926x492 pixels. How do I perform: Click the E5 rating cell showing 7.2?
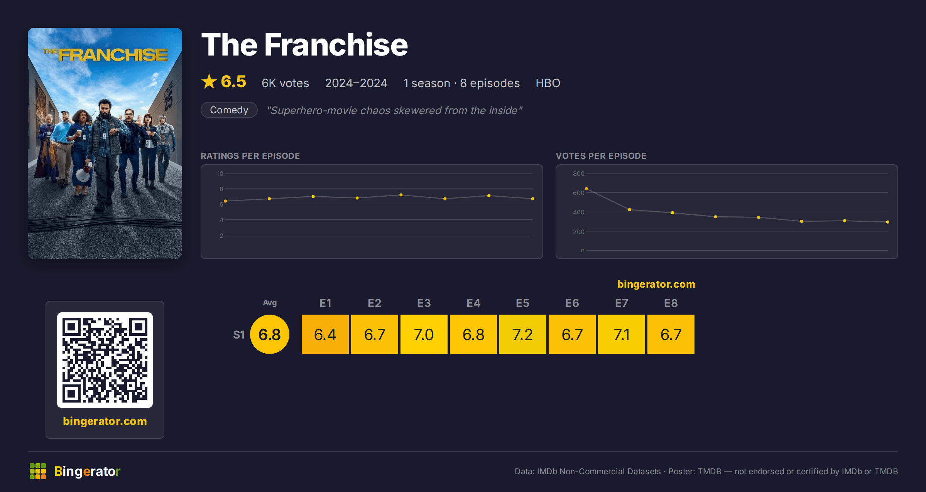click(x=523, y=334)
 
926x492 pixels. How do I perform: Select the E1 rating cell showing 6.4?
click(x=325, y=334)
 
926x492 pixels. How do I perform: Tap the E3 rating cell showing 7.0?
click(x=424, y=334)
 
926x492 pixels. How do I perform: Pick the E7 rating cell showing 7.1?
click(x=622, y=334)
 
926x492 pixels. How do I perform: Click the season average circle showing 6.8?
click(x=270, y=334)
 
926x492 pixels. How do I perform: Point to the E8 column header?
click(x=671, y=303)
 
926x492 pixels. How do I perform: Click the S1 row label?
click(x=239, y=335)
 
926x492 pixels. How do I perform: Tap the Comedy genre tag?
click(x=229, y=110)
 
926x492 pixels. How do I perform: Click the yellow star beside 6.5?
click(x=209, y=81)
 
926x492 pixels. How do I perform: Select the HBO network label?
click(x=548, y=83)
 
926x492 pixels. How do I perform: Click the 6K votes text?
click(x=286, y=83)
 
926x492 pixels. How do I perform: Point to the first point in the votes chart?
click(x=586, y=189)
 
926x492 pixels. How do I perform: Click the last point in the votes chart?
click(x=888, y=222)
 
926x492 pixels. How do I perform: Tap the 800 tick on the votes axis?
click(x=578, y=174)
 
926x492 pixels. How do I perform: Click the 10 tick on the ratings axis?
click(x=220, y=174)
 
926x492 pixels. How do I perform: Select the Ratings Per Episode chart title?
click(x=250, y=156)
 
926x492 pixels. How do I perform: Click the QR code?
click(x=105, y=360)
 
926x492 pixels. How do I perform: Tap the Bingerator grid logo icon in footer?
click(x=38, y=471)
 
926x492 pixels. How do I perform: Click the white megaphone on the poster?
click(x=83, y=174)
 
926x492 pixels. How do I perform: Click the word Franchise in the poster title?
click(x=113, y=55)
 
